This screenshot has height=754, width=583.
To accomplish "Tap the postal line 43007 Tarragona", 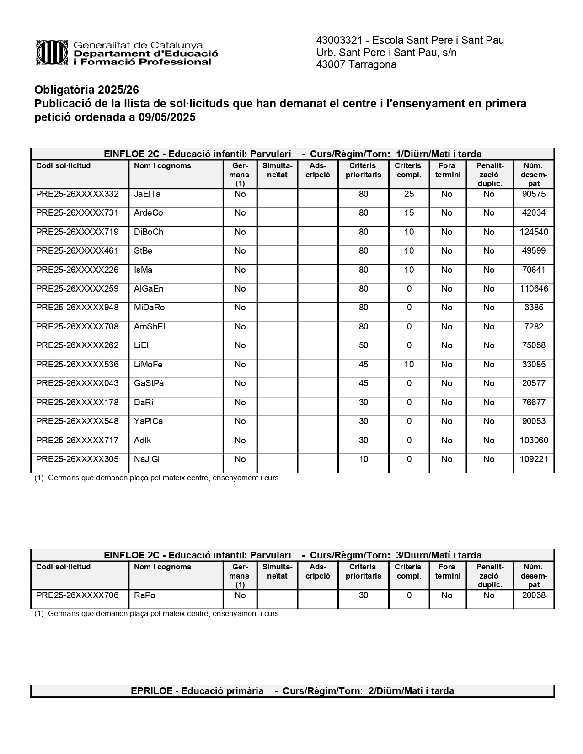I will click(356, 65).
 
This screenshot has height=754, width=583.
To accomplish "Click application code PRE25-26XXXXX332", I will click(77, 194).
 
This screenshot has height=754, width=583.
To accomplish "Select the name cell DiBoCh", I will click(149, 232).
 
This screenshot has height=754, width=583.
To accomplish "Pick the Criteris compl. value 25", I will click(409, 194).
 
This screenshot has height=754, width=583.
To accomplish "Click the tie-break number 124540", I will click(534, 232).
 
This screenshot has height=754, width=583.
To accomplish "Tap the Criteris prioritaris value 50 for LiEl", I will click(363, 345).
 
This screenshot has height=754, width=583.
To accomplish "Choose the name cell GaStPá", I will click(149, 383).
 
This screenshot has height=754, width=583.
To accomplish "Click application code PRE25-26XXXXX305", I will click(77, 459).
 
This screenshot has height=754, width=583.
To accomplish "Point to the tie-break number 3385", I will click(534, 308).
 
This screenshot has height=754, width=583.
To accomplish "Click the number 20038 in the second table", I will click(534, 595).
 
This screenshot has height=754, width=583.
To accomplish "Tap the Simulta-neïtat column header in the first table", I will click(277, 170).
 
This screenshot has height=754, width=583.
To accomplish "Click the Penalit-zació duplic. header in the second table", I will click(490, 576).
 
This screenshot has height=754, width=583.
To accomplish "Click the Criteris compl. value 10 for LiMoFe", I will click(409, 365).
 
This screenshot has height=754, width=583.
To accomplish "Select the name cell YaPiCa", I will click(149, 421).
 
